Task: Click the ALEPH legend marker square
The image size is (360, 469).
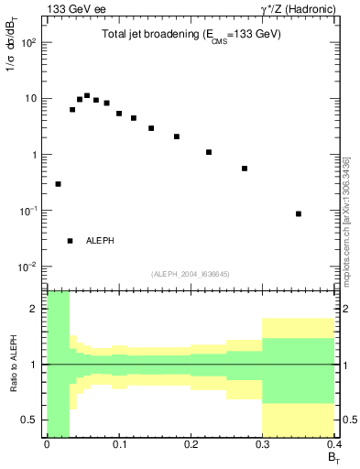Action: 70,241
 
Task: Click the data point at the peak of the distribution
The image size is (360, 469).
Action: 87,95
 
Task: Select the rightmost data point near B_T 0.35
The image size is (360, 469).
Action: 299,213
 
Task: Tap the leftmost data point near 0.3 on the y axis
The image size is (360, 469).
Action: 58,184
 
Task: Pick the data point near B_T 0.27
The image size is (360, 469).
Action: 245,169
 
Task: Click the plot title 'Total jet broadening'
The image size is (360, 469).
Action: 191,34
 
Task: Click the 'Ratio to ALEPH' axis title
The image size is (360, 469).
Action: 13,364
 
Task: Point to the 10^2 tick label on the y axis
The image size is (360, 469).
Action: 28,43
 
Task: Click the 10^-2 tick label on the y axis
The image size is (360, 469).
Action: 28,267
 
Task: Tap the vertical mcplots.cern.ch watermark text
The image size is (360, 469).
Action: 346,220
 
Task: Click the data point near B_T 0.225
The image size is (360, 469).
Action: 209,152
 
